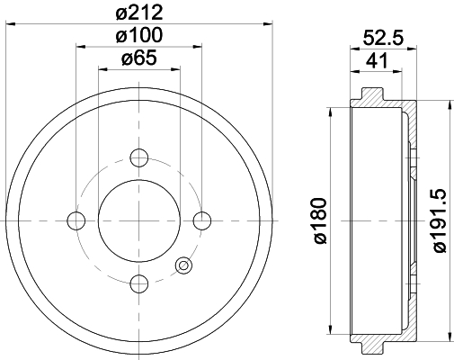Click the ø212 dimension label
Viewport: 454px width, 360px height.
(x=139, y=13)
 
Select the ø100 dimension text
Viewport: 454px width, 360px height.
(x=139, y=35)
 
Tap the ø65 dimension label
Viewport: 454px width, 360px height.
(x=139, y=58)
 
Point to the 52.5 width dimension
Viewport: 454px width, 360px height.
(x=383, y=38)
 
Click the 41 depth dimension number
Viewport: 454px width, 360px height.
(x=377, y=60)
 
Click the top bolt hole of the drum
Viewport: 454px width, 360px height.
(x=139, y=157)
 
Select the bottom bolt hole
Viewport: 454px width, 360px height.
(x=139, y=283)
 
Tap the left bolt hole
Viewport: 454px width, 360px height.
(x=76, y=220)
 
